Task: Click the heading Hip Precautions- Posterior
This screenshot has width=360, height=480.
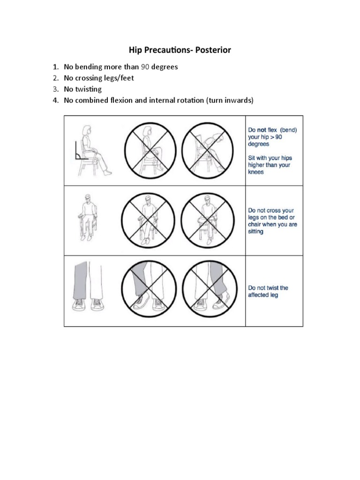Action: [x=180, y=50]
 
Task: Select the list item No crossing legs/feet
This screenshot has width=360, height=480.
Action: [x=98, y=78]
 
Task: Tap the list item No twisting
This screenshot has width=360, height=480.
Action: [x=82, y=89]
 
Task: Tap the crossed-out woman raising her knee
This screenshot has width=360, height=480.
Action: [x=149, y=150]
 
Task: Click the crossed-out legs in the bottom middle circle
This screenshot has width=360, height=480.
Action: [x=149, y=288]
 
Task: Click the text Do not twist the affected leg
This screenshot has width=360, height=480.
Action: [x=268, y=292]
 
